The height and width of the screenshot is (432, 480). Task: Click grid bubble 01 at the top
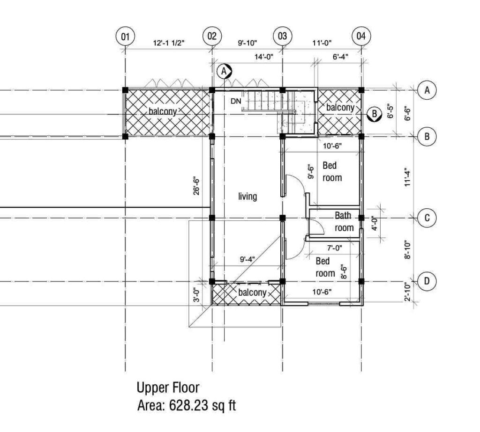tap(125, 37)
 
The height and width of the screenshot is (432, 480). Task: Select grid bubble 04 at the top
tap(361, 36)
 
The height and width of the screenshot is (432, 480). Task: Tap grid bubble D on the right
tap(427, 281)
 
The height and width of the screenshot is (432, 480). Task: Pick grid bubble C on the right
tap(427, 218)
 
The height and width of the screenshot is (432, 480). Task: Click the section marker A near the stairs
tap(224, 71)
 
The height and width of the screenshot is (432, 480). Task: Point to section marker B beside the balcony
tap(374, 114)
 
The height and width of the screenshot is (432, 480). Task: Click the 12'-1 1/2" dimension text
tap(169, 43)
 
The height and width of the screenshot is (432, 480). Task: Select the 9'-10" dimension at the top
tap(247, 43)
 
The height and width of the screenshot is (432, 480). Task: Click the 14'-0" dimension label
tap(263, 57)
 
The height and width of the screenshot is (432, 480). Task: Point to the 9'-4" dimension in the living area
tap(247, 260)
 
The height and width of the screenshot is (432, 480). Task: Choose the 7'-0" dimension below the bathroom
tap(335, 248)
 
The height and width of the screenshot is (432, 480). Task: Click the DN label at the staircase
tap(236, 101)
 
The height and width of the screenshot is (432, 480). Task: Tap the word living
tap(247, 196)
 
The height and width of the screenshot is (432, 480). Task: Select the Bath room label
tap(344, 222)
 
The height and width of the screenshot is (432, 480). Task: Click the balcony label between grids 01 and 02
tap(163, 111)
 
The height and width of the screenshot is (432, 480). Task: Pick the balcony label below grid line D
tap(252, 293)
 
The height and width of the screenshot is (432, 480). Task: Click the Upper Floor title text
tap(168, 388)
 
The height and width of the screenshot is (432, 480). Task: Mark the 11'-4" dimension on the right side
tap(407, 177)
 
